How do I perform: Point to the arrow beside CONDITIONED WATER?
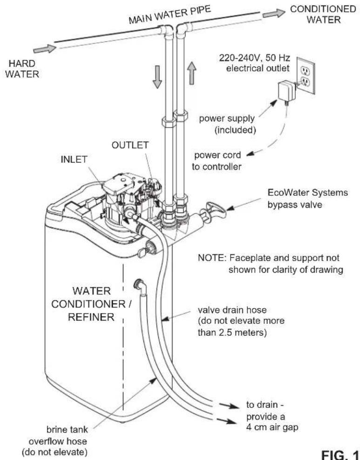tap(273, 14)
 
